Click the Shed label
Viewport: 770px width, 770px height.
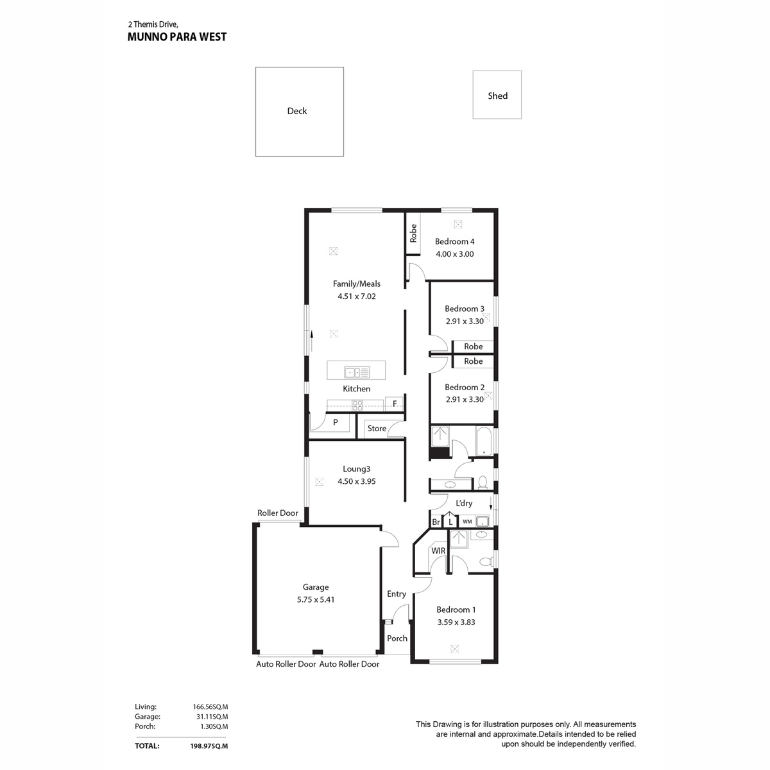coord(497,96)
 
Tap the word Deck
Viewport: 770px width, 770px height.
coord(297,111)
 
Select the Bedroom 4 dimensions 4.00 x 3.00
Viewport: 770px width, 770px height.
coord(455,254)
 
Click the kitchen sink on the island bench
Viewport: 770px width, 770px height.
coord(357,372)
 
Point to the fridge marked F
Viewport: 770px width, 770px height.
coord(395,404)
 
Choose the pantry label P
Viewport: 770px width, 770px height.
coord(335,422)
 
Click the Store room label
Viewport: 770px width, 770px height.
coord(377,429)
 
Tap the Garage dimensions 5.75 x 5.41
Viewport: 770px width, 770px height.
coord(316,599)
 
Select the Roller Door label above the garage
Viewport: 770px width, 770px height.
coord(278,513)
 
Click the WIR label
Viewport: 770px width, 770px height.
coord(438,551)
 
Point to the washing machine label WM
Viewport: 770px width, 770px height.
coord(467,522)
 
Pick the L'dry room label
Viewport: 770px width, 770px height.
coord(464,504)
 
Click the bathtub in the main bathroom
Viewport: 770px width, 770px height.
coord(484,441)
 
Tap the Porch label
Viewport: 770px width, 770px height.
coord(397,638)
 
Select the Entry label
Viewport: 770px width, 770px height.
coord(397,594)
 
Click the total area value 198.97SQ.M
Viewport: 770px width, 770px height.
coord(209,746)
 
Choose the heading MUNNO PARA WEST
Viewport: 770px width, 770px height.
coord(177,37)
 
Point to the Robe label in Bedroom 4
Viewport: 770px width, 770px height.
coord(413,234)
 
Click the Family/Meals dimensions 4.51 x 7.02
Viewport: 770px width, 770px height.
coord(357,296)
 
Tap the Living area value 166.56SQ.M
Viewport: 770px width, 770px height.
coord(210,707)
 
